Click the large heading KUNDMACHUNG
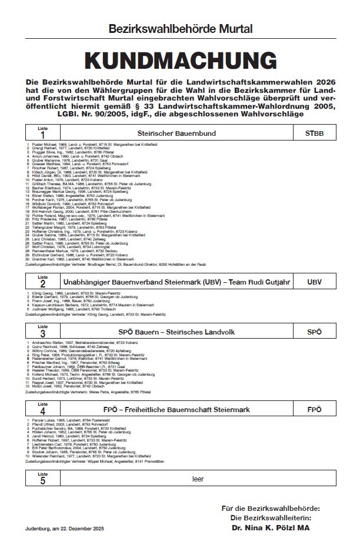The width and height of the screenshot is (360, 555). coord(180,61)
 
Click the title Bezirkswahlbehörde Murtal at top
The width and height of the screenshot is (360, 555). coord(180,28)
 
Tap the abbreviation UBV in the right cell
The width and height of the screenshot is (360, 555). coord(315,283)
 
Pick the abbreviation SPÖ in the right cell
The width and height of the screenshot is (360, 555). coord(315,332)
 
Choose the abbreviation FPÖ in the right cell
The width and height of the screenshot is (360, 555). coord(315,409)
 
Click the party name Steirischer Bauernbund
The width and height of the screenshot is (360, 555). coord(181,134)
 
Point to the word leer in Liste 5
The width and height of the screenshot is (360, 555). coord(198,479)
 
